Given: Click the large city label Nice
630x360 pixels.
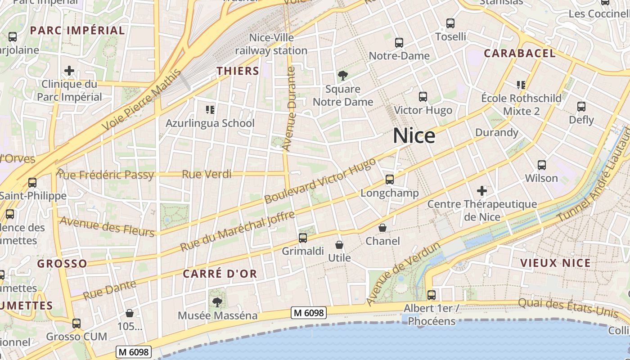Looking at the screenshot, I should [x=414, y=135].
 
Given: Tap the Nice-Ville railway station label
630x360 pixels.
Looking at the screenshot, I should [x=271, y=44].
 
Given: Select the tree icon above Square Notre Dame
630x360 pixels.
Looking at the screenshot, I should [x=343, y=75].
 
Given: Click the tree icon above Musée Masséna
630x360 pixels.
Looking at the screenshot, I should [x=217, y=302].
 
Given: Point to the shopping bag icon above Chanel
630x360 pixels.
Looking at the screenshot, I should [x=382, y=228].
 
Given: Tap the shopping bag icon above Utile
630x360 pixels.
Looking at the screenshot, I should [x=339, y=245].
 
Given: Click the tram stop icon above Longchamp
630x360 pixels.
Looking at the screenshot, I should [x=390, y=180].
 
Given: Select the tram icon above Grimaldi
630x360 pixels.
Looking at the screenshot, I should [x=303, y=238].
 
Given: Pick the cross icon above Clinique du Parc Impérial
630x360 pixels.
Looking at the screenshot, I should [x=69, y=71].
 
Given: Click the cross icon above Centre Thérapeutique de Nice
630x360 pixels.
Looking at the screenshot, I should [x=482, y=190].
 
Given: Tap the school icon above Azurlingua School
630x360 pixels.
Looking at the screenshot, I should [x=210, y=109].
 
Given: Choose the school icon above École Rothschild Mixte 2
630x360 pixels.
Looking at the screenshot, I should [x=521, y=85].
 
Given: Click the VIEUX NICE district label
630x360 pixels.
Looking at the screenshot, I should [x=555, y=263].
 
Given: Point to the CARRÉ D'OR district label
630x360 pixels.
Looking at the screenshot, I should [x=220, y=274].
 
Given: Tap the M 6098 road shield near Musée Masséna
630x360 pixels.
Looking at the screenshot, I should [x=308, y=312].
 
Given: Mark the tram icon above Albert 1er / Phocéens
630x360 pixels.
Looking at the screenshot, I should [x=432, y=295].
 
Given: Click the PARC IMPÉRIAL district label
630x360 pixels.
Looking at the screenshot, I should [x=77, y=31].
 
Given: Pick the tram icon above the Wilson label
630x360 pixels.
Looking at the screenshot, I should [x=542, y=165].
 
